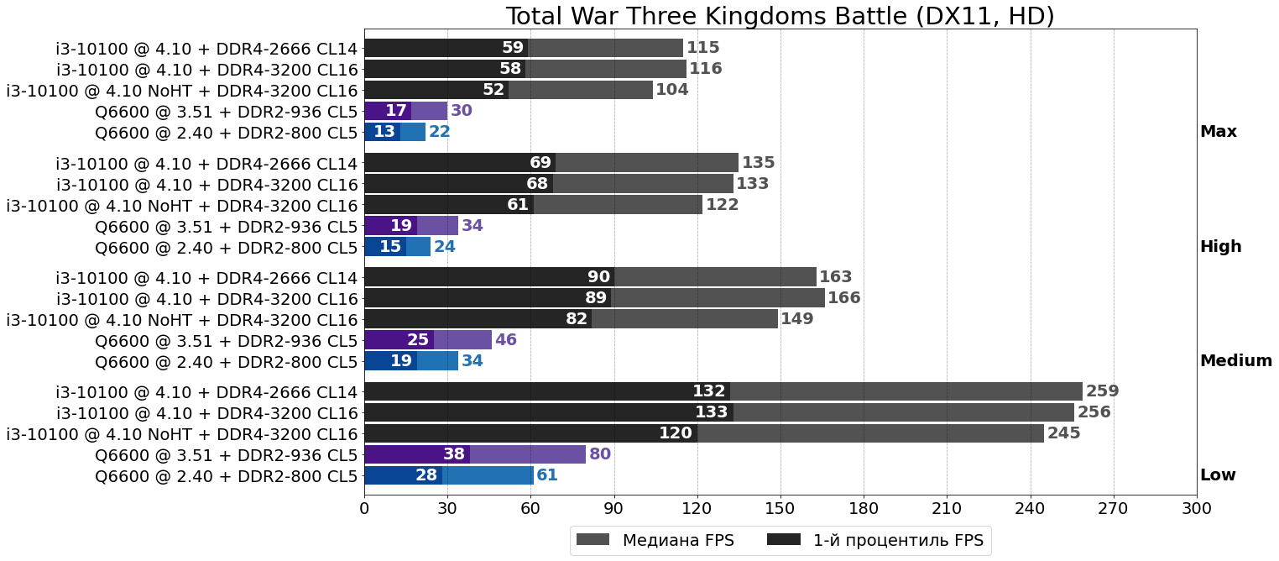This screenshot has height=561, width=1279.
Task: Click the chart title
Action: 780,16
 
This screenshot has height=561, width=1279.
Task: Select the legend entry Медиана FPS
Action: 677,540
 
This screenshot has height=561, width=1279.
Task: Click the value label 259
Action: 1102,391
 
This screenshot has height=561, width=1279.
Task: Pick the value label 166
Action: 843,298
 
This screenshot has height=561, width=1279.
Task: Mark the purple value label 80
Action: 599,454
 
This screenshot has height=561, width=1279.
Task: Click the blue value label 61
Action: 547,475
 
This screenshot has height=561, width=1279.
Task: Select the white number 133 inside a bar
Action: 711,412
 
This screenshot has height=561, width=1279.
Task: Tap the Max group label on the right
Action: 1218,132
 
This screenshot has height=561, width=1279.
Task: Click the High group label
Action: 1220,247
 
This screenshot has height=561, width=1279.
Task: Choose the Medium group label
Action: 1235,361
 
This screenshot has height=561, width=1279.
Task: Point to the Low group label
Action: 1218,475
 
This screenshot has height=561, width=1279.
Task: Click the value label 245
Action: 1063,433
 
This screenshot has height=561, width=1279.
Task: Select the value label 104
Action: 671,90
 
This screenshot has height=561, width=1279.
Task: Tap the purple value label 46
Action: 505,340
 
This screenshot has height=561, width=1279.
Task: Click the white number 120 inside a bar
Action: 675,433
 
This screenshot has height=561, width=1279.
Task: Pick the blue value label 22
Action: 439,132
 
